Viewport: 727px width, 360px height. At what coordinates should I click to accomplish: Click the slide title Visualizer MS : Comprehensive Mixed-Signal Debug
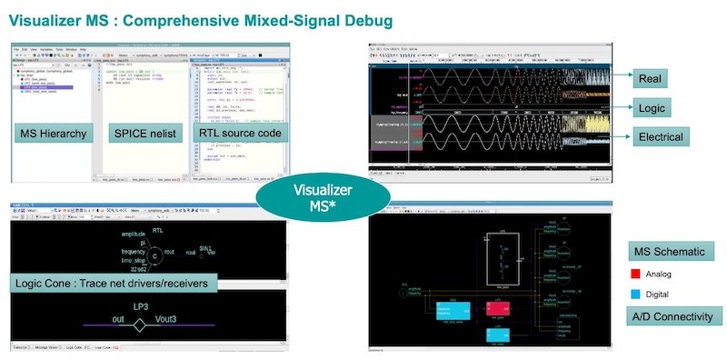(x=201, y=18)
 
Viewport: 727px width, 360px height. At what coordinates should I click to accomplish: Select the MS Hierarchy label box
(x=52, y=135)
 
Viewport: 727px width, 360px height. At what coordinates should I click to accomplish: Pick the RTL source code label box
(x=239, y=135)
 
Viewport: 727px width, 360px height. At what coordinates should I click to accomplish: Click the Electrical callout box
(x=659, y=137)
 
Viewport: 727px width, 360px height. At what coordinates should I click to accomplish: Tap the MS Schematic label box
(x=672, y=252)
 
